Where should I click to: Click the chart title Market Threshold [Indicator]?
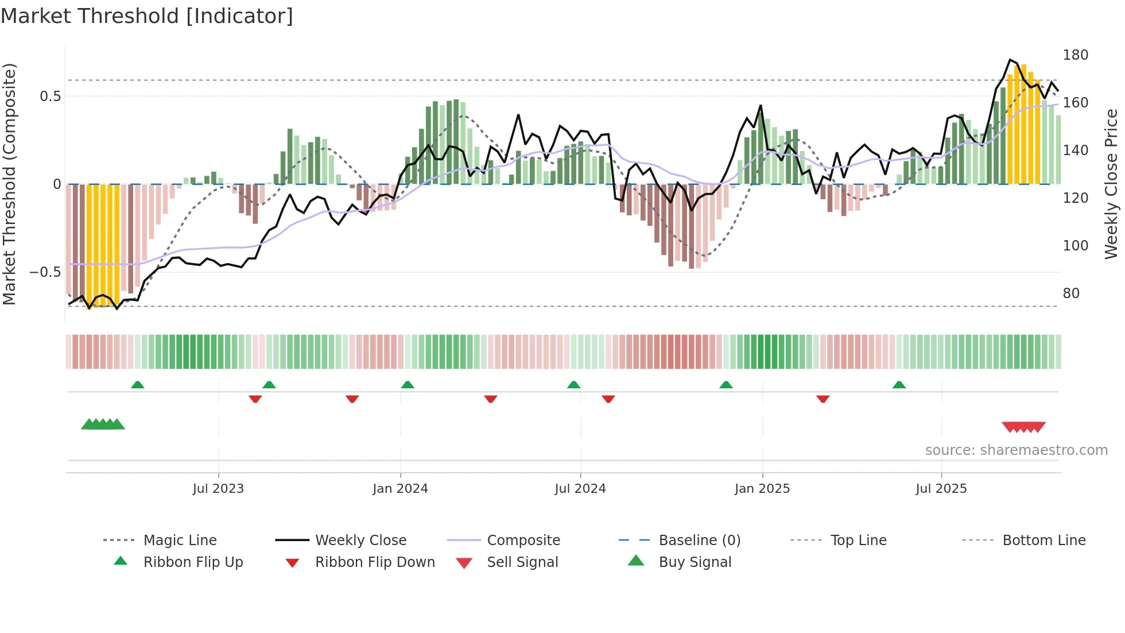click(147, 16)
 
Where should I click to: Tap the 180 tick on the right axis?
click(1075, 55)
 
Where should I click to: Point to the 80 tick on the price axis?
click(1071, 294)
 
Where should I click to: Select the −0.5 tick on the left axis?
click(45, 272)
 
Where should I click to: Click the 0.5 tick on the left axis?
click(50, 97)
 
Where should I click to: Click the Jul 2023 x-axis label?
click(218, 489)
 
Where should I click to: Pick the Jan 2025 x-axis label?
click(762, 489)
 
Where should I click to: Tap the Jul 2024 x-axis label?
click(580, 489)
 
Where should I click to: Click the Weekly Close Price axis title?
click(1111, 184)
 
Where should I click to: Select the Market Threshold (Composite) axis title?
click(9, 184)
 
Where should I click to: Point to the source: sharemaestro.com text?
click(1016, 450)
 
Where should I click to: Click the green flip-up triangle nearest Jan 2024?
click(408, 385)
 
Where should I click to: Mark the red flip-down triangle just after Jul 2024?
click(608, 399)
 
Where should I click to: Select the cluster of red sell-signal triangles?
click(1023, 427)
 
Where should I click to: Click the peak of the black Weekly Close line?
click(1010, 60)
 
